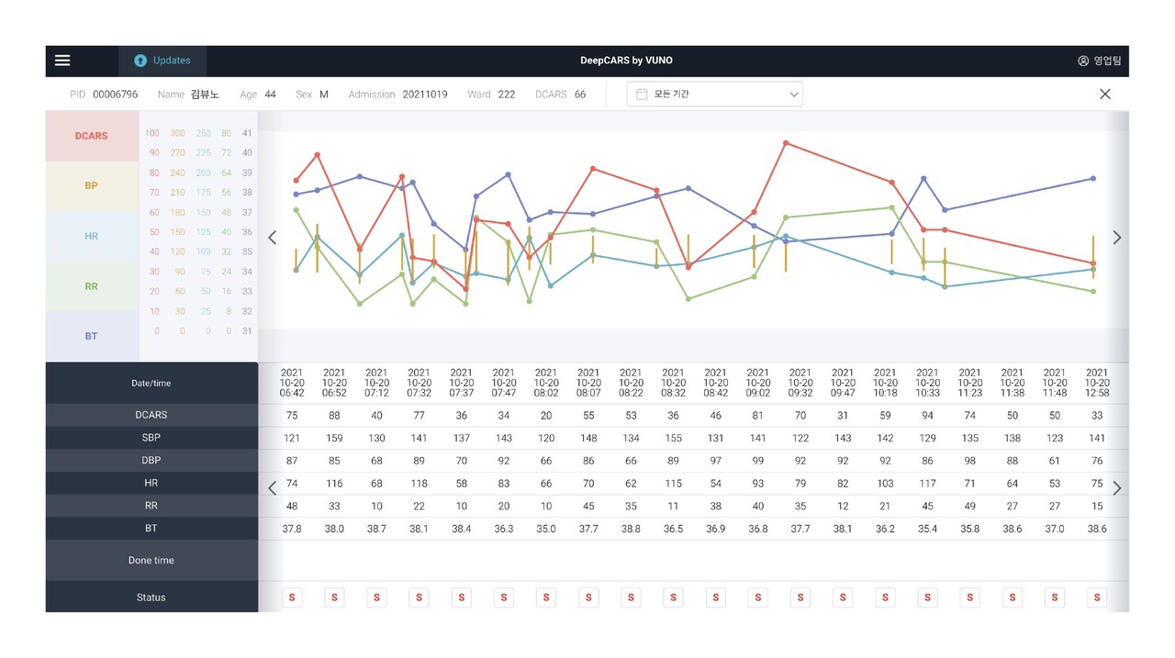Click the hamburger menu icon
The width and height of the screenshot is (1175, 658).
pos(62,61)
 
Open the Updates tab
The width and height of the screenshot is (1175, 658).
pos(162,61)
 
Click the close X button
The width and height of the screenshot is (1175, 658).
pos(1105,94)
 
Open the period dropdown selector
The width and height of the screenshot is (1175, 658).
pos(714,94)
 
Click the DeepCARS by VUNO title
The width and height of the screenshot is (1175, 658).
pos(626,61)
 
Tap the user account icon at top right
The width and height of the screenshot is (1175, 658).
pos(1083,61)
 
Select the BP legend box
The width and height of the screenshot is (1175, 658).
pos(92,185)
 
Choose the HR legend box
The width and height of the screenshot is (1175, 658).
pos(92,236)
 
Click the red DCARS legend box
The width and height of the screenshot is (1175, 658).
pos(92,136)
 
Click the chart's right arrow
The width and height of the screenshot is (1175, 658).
pos(1116,238)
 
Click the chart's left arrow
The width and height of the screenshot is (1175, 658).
pos(272,238)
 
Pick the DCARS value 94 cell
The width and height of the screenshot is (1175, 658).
pos(927,415)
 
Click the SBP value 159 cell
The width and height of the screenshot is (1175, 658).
pos(334,438)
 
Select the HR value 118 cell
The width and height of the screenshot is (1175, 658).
pos(419,483)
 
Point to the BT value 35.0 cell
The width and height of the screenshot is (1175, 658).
pos(546,529)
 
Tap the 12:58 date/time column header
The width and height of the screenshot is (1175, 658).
pos(1097,383)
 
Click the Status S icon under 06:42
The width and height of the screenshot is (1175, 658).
pos(292,597)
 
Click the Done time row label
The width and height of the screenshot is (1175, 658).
pos(151,560)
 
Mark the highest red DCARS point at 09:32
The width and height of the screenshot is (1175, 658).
pos(786,143)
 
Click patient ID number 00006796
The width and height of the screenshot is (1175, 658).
pos(115,95)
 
